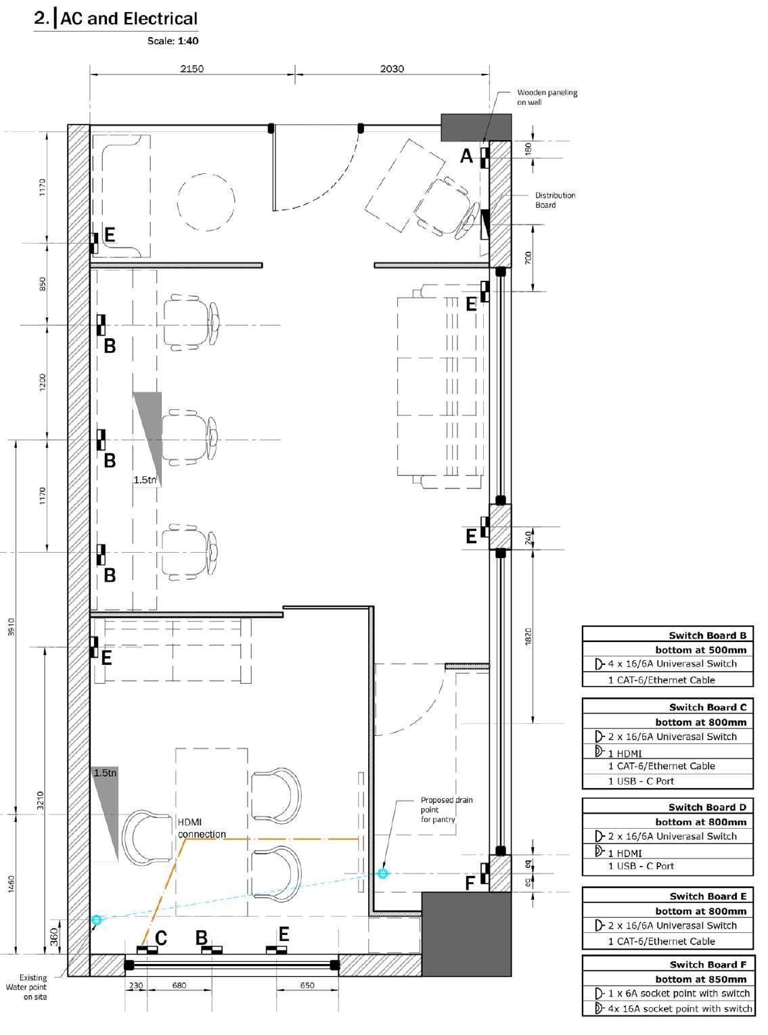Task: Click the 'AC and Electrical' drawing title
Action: pos(129,19)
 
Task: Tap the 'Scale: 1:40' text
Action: pos(173,41)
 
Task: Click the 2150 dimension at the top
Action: pos(192,69)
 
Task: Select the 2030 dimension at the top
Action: pos(392,69)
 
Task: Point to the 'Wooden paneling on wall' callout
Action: pos(547,97)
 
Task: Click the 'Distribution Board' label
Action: pos(555,200)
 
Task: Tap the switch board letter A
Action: pos(466,156)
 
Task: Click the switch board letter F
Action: pos(470,883)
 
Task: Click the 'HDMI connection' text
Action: pos(201,828)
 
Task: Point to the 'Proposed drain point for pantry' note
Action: pos(447,809)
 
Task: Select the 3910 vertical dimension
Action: pos(12,626)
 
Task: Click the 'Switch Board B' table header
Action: pos(707,635)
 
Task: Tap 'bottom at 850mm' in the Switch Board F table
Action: pos(701,979)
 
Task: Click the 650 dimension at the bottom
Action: pos(307,985)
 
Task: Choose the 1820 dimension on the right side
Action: pos(528,637)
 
